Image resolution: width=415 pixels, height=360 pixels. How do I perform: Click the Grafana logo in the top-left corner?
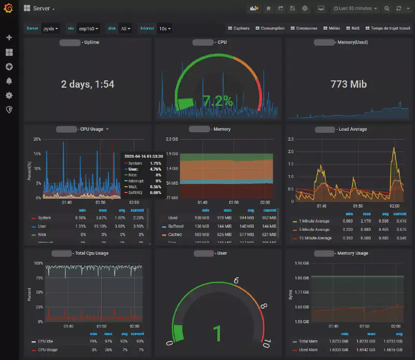[9, 8]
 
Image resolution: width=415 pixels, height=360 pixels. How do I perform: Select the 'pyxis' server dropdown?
[51, 29]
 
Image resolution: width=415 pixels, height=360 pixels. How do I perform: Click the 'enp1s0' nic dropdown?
[88, 29]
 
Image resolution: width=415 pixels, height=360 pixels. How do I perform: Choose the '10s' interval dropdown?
[165, 29]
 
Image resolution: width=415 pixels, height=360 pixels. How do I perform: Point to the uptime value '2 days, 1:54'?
[88, 84]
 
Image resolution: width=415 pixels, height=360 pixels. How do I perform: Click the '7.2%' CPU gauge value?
[218, 101]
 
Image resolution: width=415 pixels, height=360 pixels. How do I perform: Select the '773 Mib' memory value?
[349, 84]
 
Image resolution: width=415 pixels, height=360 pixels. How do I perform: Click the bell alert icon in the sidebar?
[9, 81]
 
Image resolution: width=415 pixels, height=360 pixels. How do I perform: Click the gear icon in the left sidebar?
[9, 95]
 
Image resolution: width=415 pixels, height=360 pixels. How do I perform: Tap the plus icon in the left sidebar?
[9, 38]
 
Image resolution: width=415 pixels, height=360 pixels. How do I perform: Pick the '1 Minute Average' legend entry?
[315, 221]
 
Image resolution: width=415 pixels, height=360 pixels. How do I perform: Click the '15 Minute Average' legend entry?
[316, 238]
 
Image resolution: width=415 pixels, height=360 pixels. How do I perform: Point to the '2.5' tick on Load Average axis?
[290, 139]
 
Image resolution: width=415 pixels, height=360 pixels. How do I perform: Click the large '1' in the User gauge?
[218, 333]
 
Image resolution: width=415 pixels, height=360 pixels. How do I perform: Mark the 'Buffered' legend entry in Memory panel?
[175, 226]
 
